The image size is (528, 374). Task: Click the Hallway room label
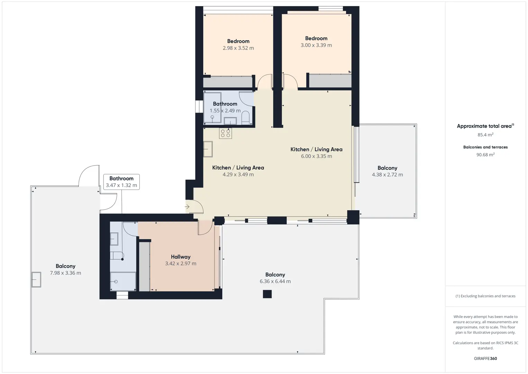[x=181, y=257]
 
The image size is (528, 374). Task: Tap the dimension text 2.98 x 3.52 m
[x=238, y=48]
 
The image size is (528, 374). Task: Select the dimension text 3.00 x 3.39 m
[x=316, y=45]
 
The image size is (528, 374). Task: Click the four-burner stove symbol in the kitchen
[x=225, y=133]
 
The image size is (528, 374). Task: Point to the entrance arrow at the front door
[x=187, y=207]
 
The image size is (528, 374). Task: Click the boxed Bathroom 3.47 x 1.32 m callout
[x=121, y=182]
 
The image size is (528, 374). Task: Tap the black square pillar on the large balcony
[x=267, y=294]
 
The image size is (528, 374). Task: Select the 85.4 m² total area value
[x=485, y=135]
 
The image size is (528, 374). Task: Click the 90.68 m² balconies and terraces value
[x=485, y=154]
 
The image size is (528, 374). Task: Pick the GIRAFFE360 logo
[x=485, y=358]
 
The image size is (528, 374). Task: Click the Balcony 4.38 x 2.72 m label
[x=387, y=171]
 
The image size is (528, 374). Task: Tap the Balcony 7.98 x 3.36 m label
[x=65, y=269]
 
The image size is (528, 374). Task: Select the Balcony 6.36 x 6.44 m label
[x=275, y=278]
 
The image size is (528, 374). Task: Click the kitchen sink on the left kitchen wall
[x=208, y=149]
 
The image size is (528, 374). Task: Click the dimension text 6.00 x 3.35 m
[x=316, y=156]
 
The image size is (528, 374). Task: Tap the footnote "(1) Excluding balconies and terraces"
[x=485, y=296]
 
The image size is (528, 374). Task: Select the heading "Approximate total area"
[x=484, y=126]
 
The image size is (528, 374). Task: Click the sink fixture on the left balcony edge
[x=36, y=279]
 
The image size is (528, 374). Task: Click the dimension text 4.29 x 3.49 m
[x=238, y=175]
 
